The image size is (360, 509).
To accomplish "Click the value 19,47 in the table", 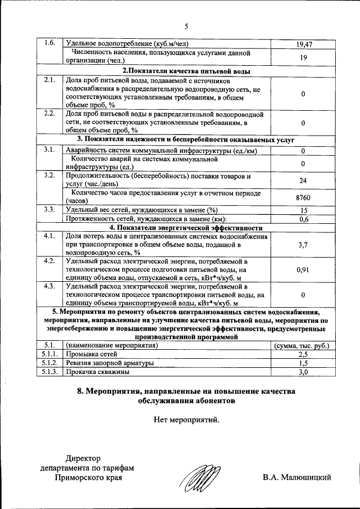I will (x=303, y=44).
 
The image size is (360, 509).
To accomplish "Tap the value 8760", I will (x=303, y=197).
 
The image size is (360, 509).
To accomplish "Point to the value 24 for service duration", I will (x=303, y=181).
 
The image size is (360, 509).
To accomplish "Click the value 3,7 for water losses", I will (x=303, y=245).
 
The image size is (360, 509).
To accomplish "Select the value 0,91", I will (x=303, y=270).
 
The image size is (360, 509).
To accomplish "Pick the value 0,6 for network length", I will (x=303, y=219).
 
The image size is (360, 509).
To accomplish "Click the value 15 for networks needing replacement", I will (x=303, y=210).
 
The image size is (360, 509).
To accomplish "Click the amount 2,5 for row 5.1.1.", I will (x=303, y=354).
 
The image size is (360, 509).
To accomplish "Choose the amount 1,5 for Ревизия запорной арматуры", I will (x=303, y=363).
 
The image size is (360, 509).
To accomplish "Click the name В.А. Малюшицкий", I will (x=296, y=478).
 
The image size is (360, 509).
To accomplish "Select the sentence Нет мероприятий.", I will (x=186, y=419).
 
